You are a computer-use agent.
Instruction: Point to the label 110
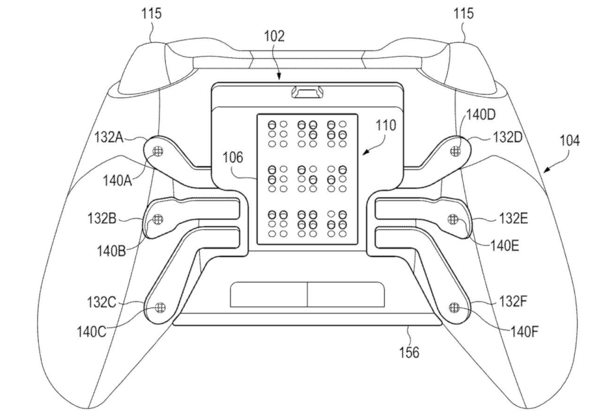click(x=387, y=126)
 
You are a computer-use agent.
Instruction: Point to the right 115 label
click(x=464, y=14)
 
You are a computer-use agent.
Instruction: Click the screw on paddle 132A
click(x=158, y=150)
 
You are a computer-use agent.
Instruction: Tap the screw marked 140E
click(x=453, y=220)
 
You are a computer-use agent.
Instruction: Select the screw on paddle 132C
click(x=160, y=307)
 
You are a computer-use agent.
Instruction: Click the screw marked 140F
click(x=454, y=307)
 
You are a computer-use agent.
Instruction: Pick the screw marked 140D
click(x=454, y=150)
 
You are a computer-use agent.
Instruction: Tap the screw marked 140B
click(x=158, y=220)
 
